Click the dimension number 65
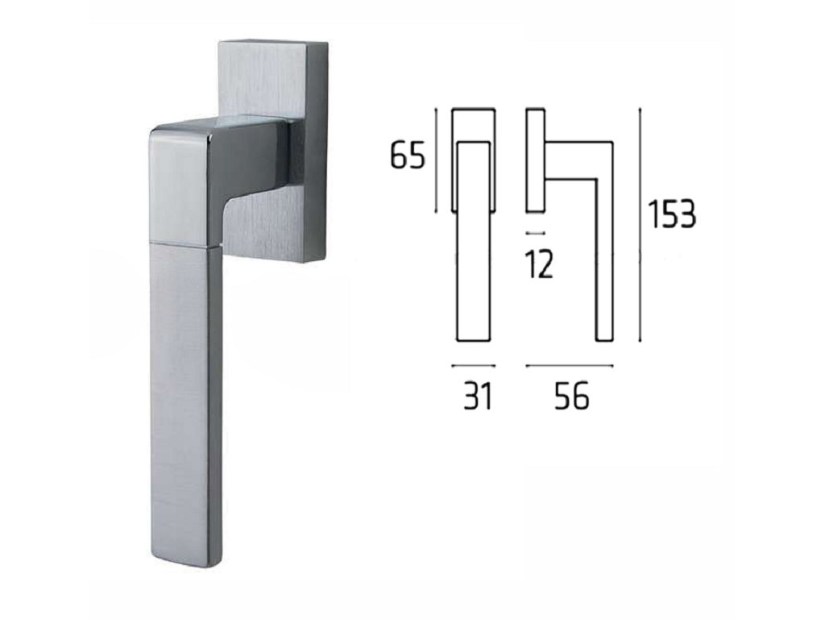(x=407, y=156)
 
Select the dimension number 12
(x=539, y=264)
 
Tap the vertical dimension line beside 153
(x=640, y=226)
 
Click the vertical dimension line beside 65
(x=436, y=160)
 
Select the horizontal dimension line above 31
(x=474, y=365)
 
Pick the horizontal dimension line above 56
(x=570, y=365)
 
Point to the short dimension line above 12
(x=536, y=232)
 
